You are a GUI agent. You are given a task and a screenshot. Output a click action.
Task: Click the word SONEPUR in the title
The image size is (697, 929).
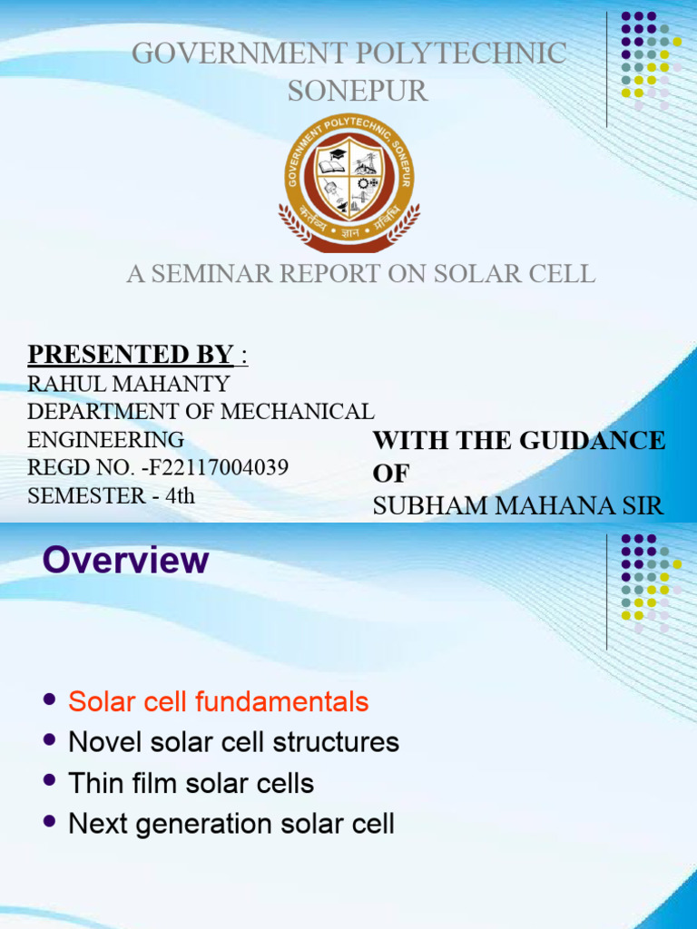pos(357,91)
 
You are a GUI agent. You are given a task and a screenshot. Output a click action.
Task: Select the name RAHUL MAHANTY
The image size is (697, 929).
pos(128,384)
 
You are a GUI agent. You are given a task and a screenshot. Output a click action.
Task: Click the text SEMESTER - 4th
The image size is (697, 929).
pos(111,496)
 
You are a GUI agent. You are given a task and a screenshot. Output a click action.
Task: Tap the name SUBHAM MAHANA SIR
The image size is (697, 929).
pos(518,506)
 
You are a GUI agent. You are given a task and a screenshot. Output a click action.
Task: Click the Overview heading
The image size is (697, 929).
pos(126,560)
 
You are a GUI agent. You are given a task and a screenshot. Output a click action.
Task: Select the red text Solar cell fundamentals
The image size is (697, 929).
pos(219,701)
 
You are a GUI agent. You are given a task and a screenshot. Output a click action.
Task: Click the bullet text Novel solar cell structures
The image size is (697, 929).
pos(233,742)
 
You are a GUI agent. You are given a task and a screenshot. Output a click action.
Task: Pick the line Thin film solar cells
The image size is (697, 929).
pos(191,783)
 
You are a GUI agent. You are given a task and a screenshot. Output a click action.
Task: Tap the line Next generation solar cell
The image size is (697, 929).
pos(231,824)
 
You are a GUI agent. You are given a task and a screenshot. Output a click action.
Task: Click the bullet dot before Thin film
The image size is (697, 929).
pos(50,782)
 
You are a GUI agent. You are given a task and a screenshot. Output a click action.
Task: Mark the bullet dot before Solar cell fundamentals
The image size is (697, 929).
pos(50,700)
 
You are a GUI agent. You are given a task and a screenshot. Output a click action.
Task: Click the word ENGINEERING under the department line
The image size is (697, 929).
pos(105,440)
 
